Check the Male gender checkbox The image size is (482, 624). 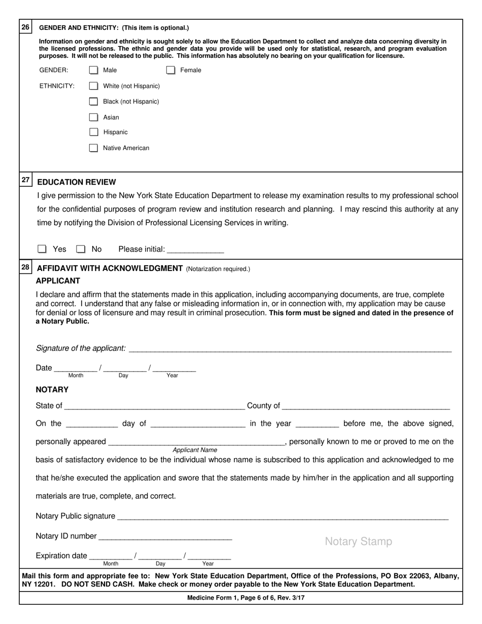tap(93, 70)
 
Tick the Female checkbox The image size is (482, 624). tap(171, 70)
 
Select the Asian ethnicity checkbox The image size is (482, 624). tap(93, 117)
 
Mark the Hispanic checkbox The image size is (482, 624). tap(93, 132)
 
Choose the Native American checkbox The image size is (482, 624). tap(93, 148)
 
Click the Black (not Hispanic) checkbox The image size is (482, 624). tap(93, 101)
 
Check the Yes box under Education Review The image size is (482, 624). tap(42, 249)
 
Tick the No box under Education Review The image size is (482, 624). tap(81, 249)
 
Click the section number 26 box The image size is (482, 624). tap(26, 27)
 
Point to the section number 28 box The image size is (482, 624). tap(26, 267)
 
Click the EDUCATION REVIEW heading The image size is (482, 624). tap(77, 182)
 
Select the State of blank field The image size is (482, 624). tap(154, 406)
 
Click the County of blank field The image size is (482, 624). tap(365, 406)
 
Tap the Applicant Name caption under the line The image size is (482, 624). tap(195, 450)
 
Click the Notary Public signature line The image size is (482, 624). tap(282, 516)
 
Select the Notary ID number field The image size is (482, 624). tap(165, 536)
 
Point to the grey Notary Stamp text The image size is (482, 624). tap(358, 542)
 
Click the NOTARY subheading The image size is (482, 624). tap(52, 390)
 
